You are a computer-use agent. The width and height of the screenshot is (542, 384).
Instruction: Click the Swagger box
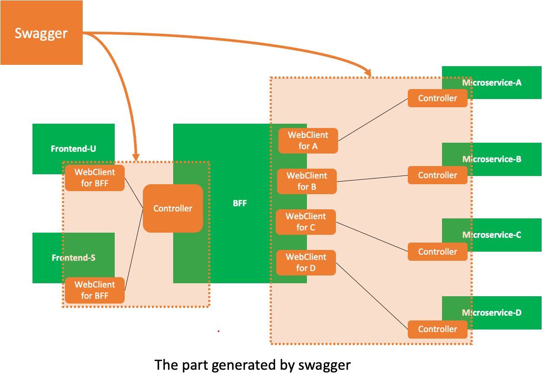(41, 33)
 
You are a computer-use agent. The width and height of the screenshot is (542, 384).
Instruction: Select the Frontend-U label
(73, 149)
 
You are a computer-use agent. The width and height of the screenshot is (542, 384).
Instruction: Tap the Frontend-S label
(73, 258)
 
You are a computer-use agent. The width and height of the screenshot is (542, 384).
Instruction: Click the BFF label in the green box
(239, 203)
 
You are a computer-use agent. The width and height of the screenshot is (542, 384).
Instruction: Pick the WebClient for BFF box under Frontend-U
(94, 178)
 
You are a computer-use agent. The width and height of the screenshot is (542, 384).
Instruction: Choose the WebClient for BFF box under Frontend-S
(94, 290)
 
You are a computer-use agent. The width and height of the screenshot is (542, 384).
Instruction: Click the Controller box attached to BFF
(173, 208)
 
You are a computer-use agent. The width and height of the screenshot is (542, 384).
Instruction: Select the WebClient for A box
(308, 141)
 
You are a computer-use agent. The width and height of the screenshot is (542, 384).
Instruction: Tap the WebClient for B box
(306, 181)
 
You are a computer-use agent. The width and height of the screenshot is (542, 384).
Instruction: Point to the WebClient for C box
(306, 222)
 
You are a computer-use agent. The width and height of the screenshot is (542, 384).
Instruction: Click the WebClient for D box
(306, 262)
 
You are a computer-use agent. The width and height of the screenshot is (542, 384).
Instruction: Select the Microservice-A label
(492, 82)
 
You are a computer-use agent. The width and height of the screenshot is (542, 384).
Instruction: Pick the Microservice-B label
(492, 159)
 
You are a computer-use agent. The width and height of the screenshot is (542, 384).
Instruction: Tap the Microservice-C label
(492, 235)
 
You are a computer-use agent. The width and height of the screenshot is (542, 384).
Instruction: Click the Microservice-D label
(492, 312)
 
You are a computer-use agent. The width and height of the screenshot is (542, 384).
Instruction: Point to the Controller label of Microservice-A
(437, 98)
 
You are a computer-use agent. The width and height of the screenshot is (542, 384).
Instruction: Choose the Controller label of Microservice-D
(437, 329)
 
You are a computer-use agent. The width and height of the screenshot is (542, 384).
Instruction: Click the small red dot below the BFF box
(219, 331)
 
